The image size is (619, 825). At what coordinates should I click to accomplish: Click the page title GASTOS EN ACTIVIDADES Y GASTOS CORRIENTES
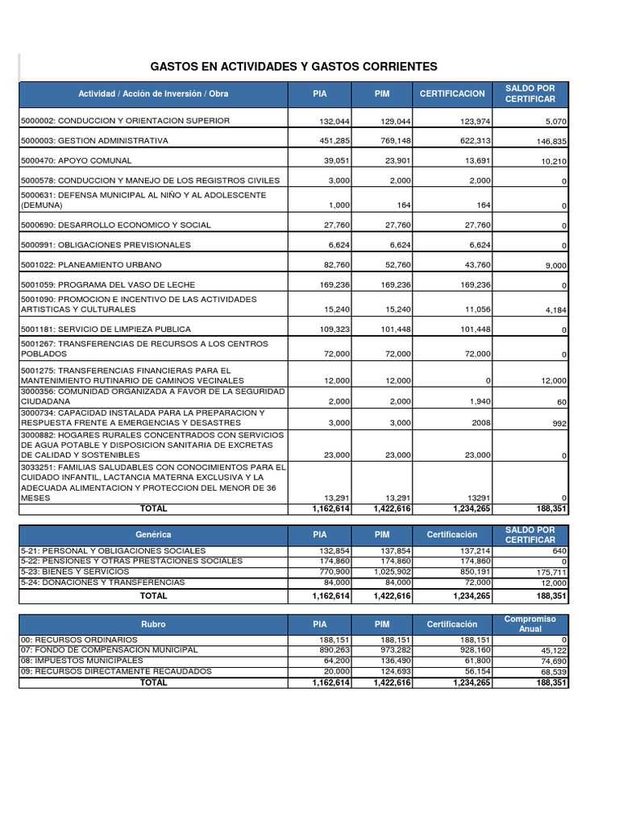pyautogui.click(x=294, y=66)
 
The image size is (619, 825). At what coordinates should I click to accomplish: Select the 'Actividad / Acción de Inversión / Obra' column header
pyautogui.click(x=153, y=94)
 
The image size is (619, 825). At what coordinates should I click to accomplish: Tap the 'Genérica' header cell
pyautogui.click(x=153, y=534)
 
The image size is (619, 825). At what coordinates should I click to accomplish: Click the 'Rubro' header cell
pyautogui.click(x=153, y=624)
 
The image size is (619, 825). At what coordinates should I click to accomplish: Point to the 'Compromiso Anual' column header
pyautogui.click(x=530, y=624)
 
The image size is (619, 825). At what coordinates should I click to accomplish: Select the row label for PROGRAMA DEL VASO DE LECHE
pyautogui.click(x=108, y=284)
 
